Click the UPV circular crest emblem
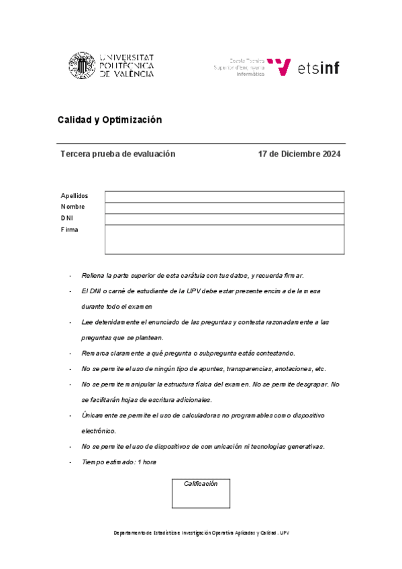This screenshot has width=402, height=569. [x=82, y=65]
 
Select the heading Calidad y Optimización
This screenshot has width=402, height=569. [x=110, y=119]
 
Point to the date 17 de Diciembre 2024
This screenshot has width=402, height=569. [x=299, y=154]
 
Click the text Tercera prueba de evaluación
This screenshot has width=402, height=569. [x=118, y=154]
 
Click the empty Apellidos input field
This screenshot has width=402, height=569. [x=224, y=196]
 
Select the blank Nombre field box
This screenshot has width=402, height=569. [x=224, y=207]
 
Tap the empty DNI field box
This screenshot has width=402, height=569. [x=224, y=219]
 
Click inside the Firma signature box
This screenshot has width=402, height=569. [x=224, y=239]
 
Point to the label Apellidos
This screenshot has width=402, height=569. [x=74, y=195]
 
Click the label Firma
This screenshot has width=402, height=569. [x=69, y=229]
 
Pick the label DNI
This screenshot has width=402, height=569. [x=67, y=218]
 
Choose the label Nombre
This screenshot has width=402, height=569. [x=72, y=207]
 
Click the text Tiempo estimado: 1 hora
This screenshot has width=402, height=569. [x=119, y=462]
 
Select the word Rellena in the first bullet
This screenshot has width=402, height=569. [x=93, y=275]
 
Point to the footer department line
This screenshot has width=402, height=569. [x=201, y=533]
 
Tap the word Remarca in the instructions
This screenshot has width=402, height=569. [x=96, y=353]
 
